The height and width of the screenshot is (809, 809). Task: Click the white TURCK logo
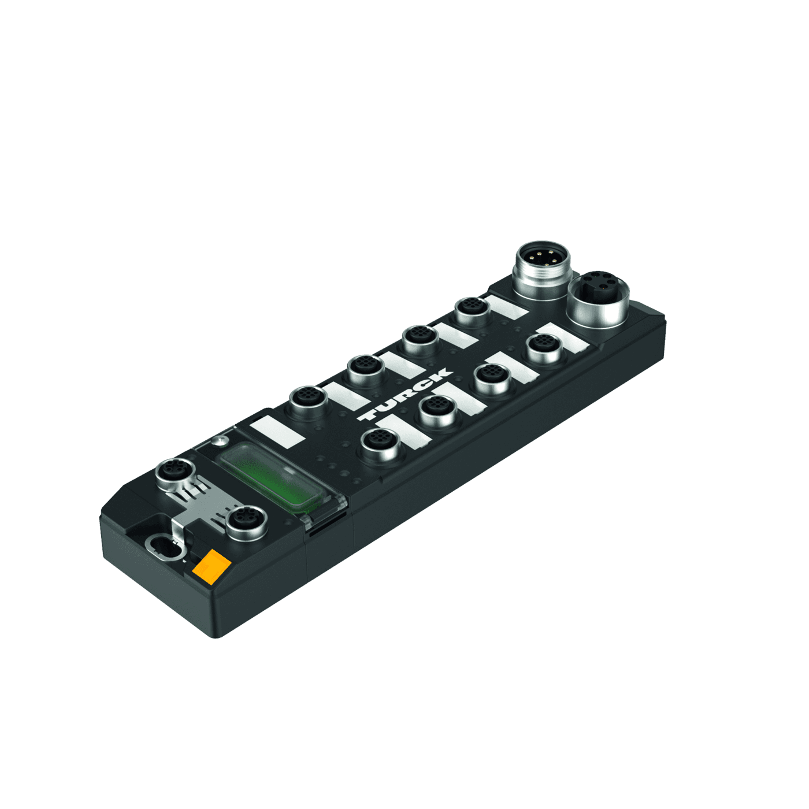404,395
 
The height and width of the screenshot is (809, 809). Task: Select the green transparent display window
269,476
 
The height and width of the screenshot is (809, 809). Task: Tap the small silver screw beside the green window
218,442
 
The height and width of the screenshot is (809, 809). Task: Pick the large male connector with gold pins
541,263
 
